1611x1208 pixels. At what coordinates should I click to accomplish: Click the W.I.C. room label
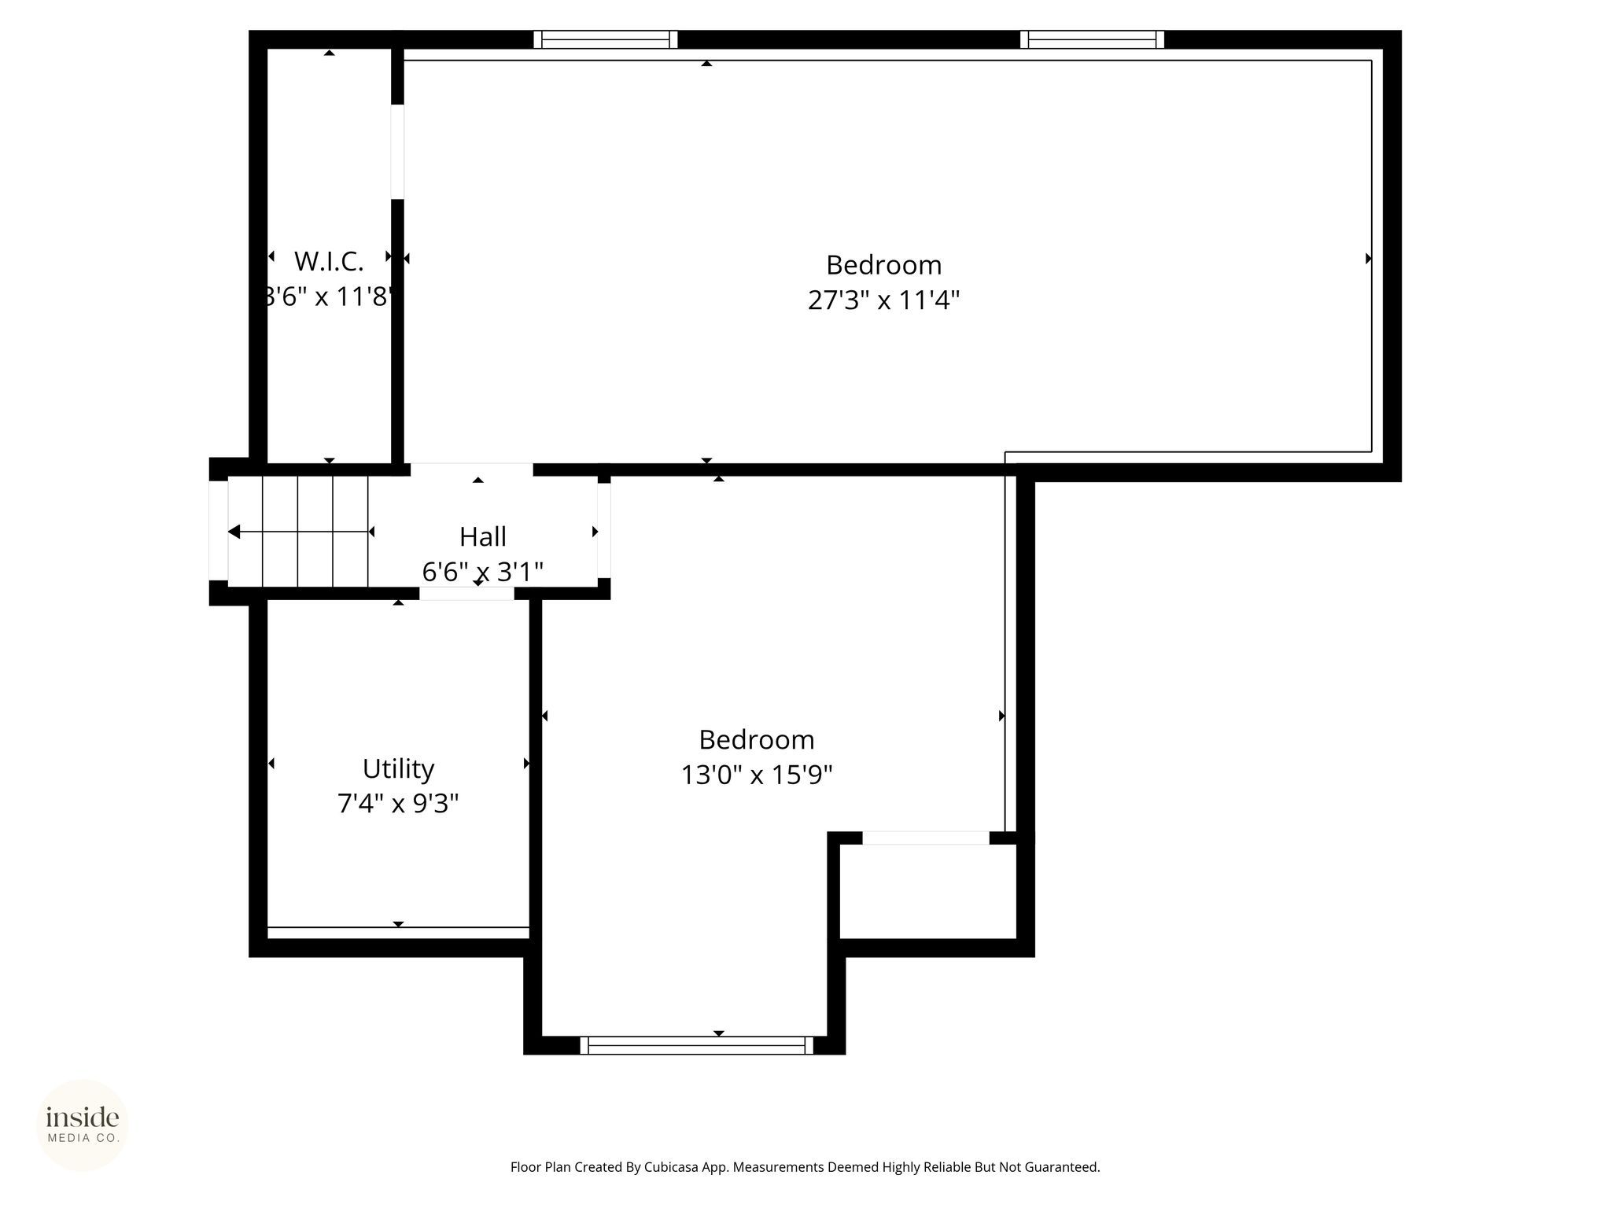pyautogui.click(x=329, y=260)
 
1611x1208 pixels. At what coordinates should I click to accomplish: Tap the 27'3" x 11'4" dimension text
pyautogui.click(x=884, y=300)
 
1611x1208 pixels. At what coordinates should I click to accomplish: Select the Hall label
pyautogui.click(x=483, y=536)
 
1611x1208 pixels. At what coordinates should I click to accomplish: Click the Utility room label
pyautogui.click(x=398, y=768)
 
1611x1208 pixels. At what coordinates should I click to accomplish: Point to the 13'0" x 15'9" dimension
pyautogui.click(x=757, y=775)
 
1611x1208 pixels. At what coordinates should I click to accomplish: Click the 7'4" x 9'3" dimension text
pyautogui.click(x=398, y=804)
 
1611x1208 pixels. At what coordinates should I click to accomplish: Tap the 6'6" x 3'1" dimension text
pyautogui.click(x=483, y=572)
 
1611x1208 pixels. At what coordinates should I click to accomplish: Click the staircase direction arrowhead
pyautogui.click(x=234, y=532)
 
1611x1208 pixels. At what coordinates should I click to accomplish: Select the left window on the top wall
pyautogui.click(x=606, y=39)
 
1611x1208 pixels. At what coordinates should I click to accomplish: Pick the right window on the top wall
pyautogui.click(x=1093, y=39)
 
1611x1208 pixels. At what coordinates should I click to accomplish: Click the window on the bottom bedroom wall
pyautogui.click(x=697, y=1045)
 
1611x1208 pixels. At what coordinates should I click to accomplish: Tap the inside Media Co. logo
pyautogui.click(x=83, y=1125)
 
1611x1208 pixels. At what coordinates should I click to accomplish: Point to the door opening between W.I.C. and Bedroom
pyautogui.click(x=397, y=152)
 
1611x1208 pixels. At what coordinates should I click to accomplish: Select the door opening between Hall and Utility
pyautogui.click(x=466, y=594)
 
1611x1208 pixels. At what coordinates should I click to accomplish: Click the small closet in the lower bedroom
pyautogui.click(x=928, y=892)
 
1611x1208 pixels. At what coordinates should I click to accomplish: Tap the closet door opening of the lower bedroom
pyautogui.click(x=926, y=838)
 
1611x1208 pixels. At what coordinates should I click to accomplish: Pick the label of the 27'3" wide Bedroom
pyautogui.click(x=884, y=266)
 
